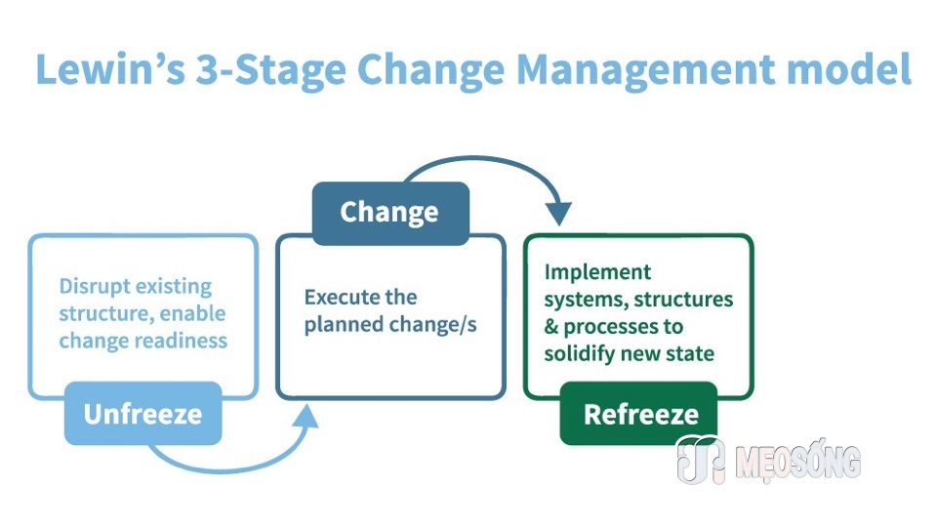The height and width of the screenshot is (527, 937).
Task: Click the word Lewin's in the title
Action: click(110, 68)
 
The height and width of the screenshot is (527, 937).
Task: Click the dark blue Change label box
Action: click(390, 214)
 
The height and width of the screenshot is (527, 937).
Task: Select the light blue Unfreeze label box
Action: click(143, 414)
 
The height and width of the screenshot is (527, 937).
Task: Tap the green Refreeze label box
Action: click(638, 414)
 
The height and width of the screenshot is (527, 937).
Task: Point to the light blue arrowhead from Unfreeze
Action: click(306, 417)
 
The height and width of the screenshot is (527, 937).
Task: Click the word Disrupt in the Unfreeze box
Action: click(95, 287)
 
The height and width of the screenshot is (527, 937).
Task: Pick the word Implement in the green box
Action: click(597, 272)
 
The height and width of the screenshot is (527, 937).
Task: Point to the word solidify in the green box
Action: click(580, 353)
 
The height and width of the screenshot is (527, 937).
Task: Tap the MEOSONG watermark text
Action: click(798, 462)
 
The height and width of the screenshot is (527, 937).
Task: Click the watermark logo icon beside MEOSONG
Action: click(701, 459)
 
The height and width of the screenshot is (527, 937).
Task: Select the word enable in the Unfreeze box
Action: click(192, 313)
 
